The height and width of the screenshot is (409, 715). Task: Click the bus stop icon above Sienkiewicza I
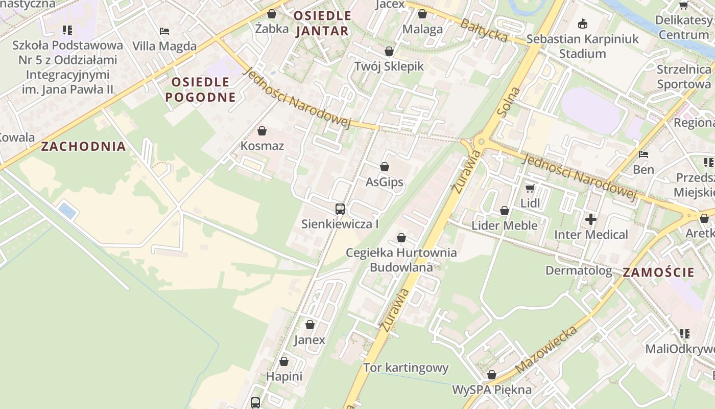[x=340, y=209]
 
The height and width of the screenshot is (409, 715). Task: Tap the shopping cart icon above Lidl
[x=530, y=188]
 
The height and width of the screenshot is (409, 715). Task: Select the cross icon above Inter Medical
[x=591, y=220]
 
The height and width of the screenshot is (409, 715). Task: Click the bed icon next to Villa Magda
[x=164, y=31]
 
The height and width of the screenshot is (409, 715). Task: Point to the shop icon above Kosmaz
[x=262, y=131]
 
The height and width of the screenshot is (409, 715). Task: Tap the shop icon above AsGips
[x=385, y=167]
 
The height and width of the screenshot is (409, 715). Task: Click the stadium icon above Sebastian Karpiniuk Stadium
[x=582, y=24]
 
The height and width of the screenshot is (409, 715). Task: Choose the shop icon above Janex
[x=309, y=325]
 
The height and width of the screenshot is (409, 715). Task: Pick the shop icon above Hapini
[x=284, y=361]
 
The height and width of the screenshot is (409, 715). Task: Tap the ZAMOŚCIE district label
[x=659, y=272]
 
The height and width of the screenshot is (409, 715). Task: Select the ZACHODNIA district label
[x=83, y=147]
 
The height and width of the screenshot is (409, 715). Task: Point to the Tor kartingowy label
[x=406, y=368]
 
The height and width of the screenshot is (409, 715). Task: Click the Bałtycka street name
[x=484, y=30]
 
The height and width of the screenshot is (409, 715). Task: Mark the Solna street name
[x=511, y=102]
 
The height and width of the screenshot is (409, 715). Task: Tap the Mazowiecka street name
[x=546, y=349]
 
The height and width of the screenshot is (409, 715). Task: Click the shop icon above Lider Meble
[x=505, y=211]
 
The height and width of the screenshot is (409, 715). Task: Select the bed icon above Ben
[x=643, y=154]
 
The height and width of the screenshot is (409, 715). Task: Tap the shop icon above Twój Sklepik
[x=389, y=52]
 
